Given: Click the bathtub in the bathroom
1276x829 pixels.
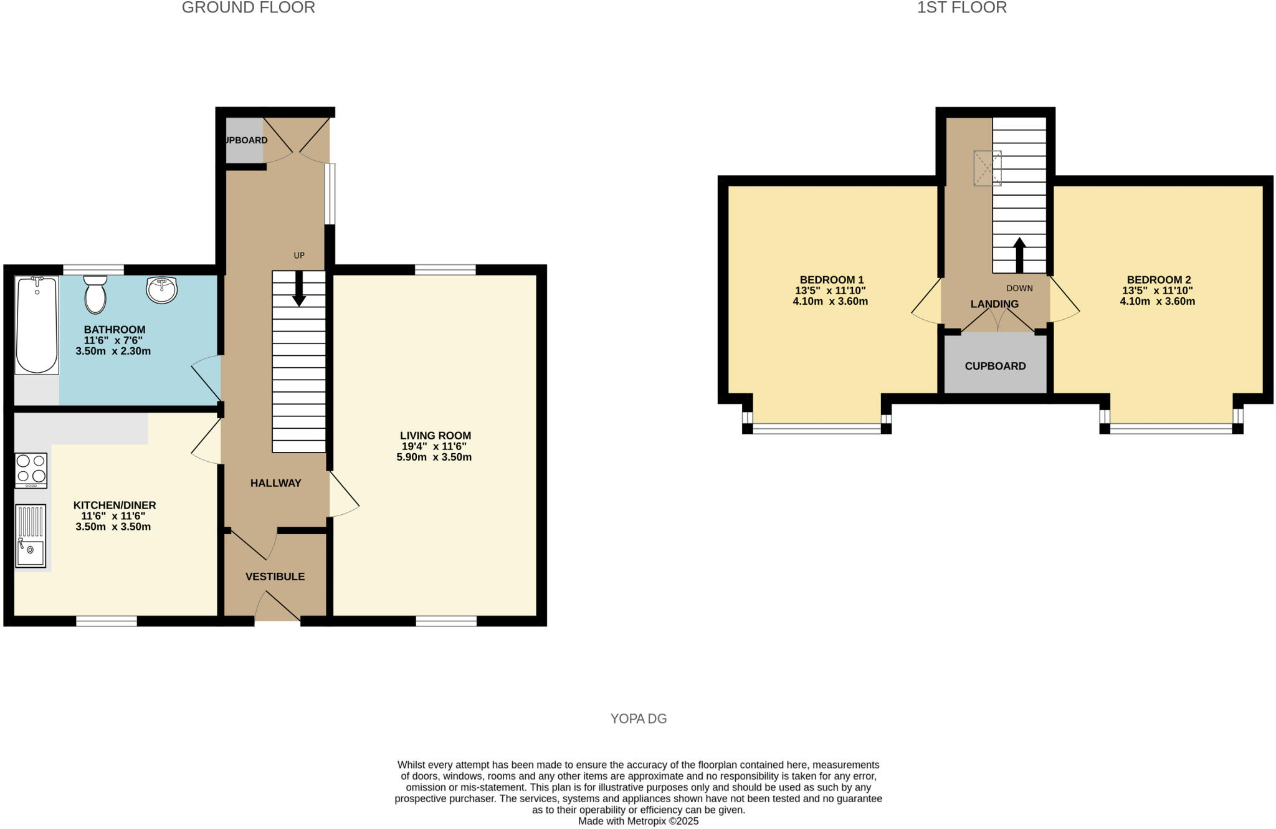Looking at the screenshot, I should (37, 325).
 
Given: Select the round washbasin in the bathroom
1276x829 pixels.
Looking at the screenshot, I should (162, 290).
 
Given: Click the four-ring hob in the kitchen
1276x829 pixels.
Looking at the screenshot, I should (31, 470).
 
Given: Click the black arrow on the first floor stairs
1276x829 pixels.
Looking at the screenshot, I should (1019, 255).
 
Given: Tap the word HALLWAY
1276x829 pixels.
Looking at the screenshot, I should (275, 483).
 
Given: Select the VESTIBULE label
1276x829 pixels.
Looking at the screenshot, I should (275, 577).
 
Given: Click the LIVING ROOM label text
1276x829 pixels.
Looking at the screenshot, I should (435, 436).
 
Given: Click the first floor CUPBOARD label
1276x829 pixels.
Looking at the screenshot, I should (995, 366).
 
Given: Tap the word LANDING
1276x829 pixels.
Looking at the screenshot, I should (994, 304).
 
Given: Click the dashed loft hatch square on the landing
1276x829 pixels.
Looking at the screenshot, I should (988, 168).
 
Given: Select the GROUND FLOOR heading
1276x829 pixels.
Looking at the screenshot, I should (248, 8).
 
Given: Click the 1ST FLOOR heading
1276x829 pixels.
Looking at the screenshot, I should (961, 8).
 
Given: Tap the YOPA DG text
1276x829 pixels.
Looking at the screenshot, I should (638, 719).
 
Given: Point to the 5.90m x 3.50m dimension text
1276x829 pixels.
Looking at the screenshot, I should (434, 457).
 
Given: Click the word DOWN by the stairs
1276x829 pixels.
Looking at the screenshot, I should (1019, 289).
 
